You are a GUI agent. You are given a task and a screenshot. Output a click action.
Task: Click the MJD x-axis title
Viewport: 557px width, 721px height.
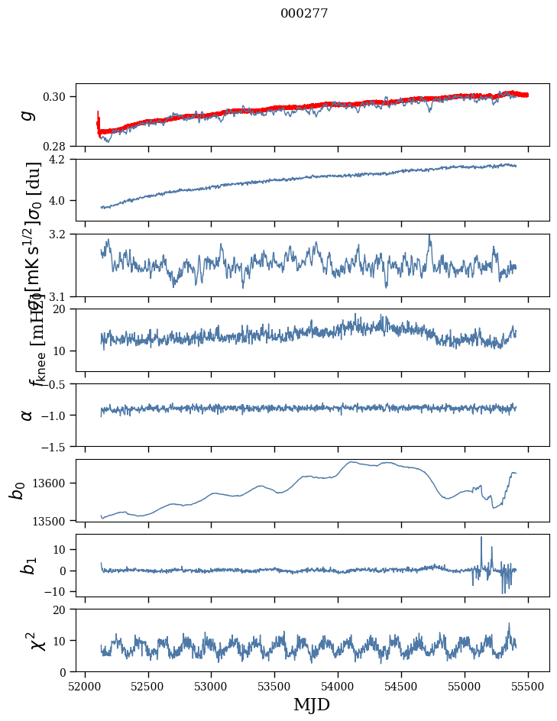[312, 704]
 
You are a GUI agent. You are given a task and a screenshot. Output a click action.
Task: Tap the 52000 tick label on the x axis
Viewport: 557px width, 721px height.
[85, 685]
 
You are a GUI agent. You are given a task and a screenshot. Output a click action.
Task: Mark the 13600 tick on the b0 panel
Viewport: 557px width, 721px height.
[54, 483]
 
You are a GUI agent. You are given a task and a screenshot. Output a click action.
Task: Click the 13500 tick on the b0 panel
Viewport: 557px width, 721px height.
[54, 521]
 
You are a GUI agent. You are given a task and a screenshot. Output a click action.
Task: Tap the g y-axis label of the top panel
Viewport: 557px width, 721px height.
[28, 115]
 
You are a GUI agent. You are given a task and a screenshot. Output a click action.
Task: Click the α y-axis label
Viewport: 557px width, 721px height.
[28, 415]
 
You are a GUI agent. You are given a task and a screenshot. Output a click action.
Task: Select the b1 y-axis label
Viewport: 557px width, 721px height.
[28, 565]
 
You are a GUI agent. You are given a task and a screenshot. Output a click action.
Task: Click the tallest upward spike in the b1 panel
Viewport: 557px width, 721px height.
[481, 537]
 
